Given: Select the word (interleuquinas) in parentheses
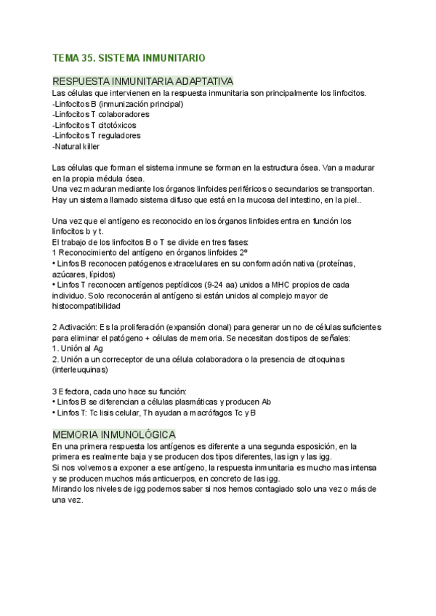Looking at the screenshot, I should tap(84, 370).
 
